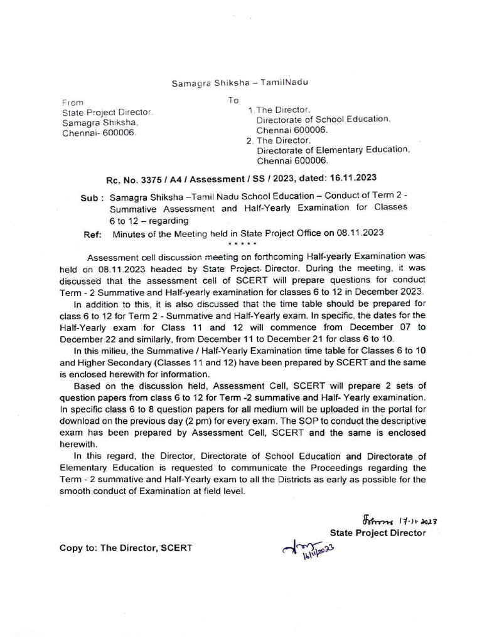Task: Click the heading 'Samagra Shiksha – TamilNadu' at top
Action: point(240,83)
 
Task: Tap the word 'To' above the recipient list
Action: point(233,100)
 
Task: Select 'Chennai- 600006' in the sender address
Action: point(98,134)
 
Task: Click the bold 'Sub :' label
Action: point(93,197)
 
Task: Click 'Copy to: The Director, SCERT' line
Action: point(126,547)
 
